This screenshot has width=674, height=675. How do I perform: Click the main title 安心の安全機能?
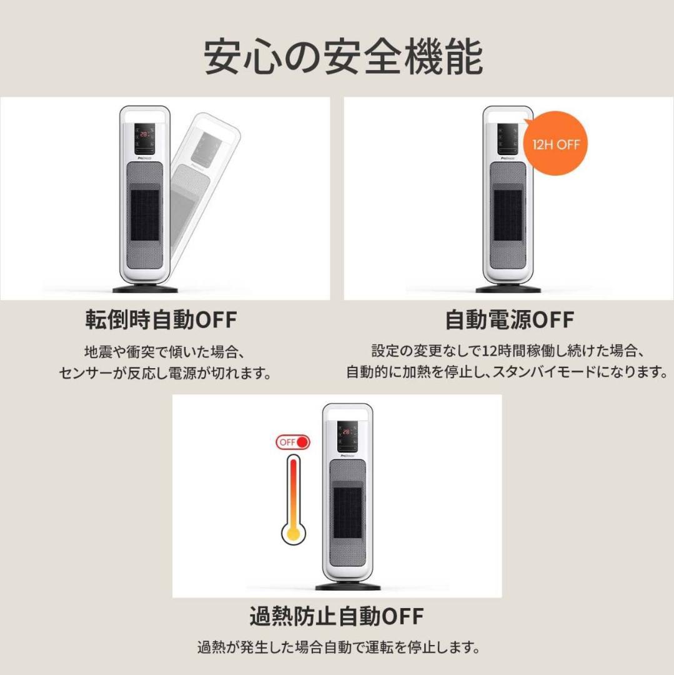pos(343,57)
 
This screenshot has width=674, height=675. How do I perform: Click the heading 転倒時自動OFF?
pos(161,320)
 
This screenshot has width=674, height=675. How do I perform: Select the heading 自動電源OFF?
pos(509,320)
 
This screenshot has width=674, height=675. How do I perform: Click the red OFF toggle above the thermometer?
pos(294,442)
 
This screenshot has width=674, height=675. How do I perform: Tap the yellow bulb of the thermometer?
pos(292,533)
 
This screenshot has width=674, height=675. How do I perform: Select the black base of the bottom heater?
pos(348,587)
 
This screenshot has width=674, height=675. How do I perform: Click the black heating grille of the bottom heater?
pos(348,512)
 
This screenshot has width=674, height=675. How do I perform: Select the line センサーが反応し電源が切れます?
pos(166,374)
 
